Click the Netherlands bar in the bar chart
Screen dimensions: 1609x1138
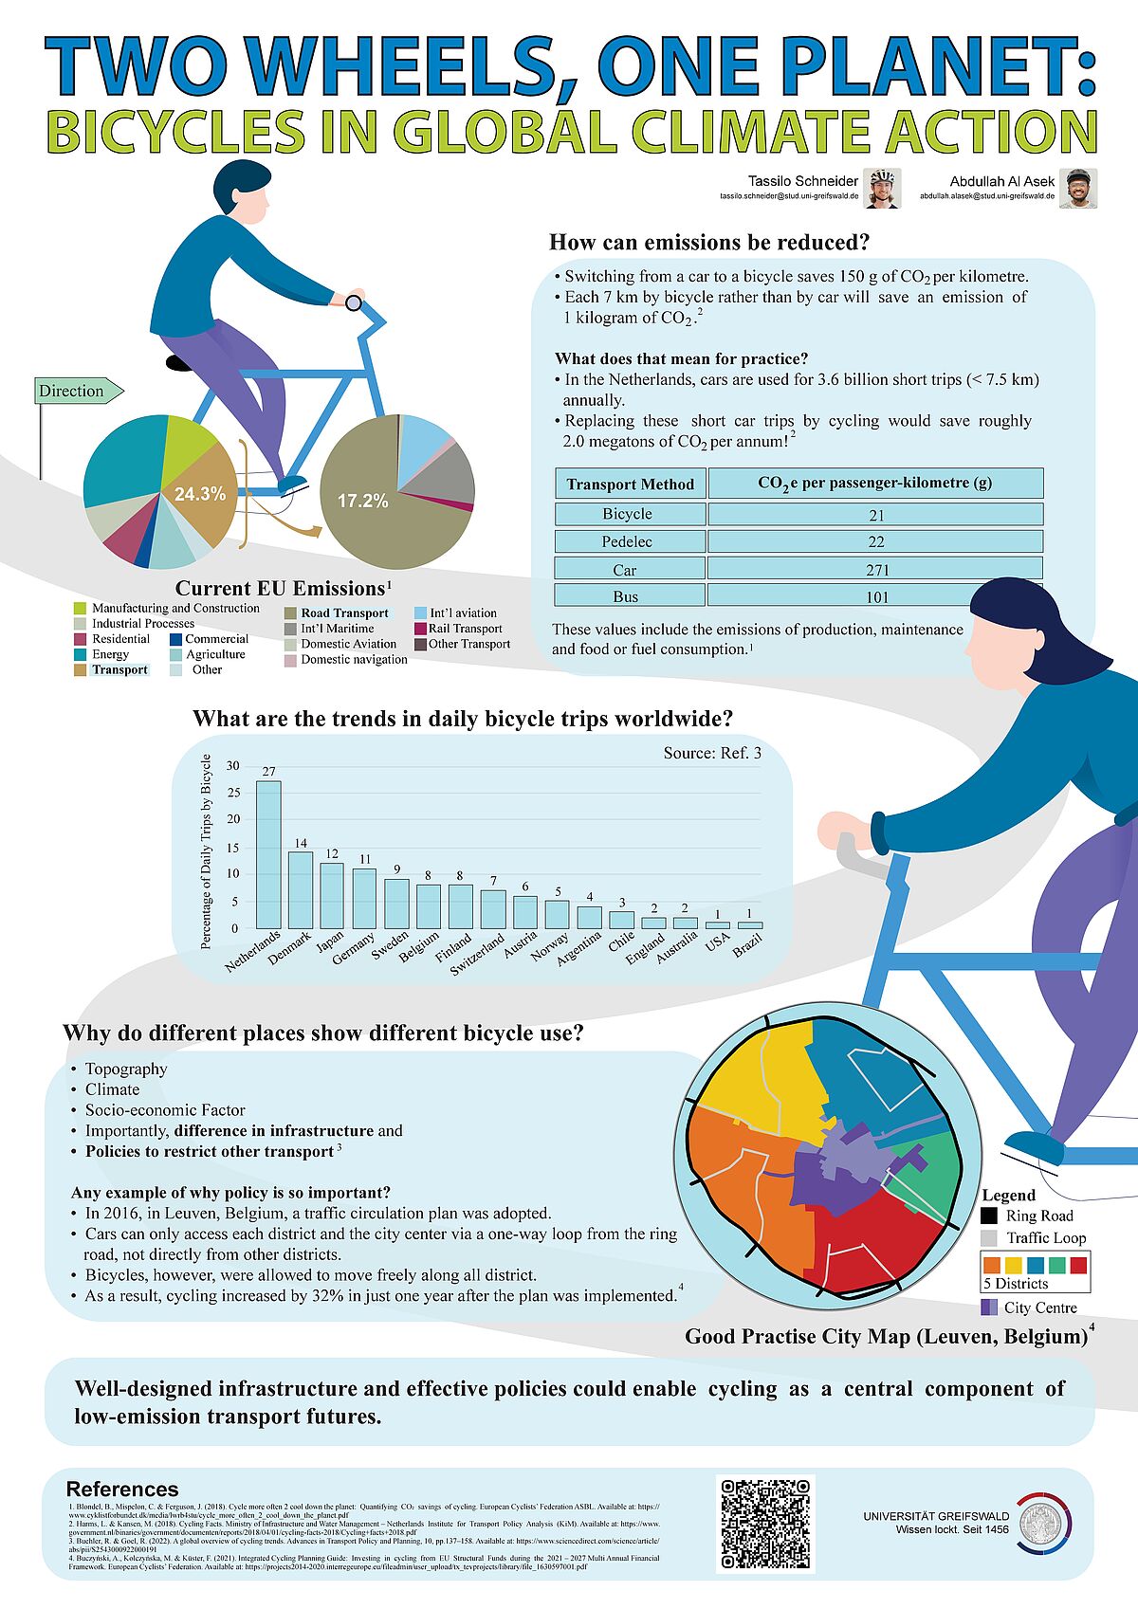(268, 853)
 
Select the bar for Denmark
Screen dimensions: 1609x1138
(301, 889)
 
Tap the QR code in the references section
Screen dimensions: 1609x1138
(765, 1523)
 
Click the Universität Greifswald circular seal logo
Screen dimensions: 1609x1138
(1040, 1523)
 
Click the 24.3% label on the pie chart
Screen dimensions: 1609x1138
(200, 494)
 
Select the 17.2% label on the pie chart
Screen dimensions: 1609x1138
(363, 501)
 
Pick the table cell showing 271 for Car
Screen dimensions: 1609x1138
(876, 570)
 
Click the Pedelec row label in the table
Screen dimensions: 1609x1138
(628, 541)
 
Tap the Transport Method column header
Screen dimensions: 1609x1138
(630, 484)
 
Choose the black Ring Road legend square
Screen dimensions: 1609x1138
(989, 1216)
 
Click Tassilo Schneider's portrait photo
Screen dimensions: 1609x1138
(882, 188)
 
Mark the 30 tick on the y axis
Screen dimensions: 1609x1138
(233, 766)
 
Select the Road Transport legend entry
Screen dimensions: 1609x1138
(344, 613)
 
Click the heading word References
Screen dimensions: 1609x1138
(122, 1489)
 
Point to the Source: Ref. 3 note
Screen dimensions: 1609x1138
(711, 754)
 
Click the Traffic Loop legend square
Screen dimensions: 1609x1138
(989, 1238)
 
